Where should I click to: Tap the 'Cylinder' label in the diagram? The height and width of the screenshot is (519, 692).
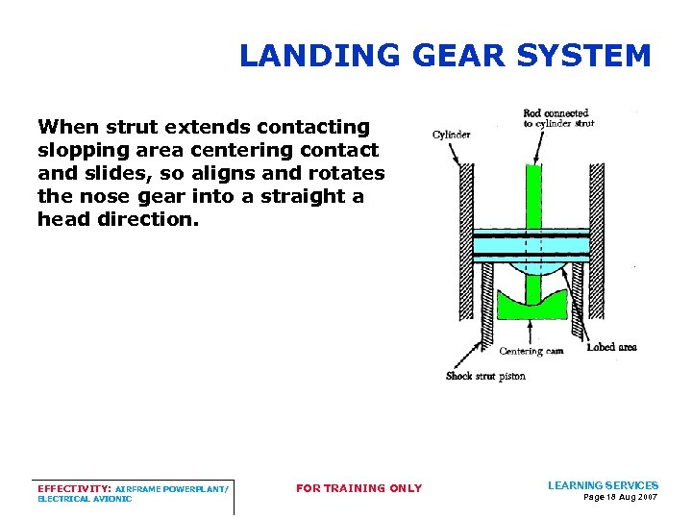451,135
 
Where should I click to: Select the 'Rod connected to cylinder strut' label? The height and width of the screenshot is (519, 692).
558,118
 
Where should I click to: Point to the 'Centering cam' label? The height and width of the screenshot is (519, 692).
531,351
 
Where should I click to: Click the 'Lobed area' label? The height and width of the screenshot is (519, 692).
611,347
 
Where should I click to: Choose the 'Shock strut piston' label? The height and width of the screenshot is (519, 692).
485,376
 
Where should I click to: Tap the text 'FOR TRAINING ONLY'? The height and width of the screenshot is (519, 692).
358,488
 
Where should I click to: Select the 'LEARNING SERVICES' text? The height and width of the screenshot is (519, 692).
603,485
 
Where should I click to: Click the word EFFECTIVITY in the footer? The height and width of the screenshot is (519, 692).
73,488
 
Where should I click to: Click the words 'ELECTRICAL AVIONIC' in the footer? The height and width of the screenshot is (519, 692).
85,499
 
